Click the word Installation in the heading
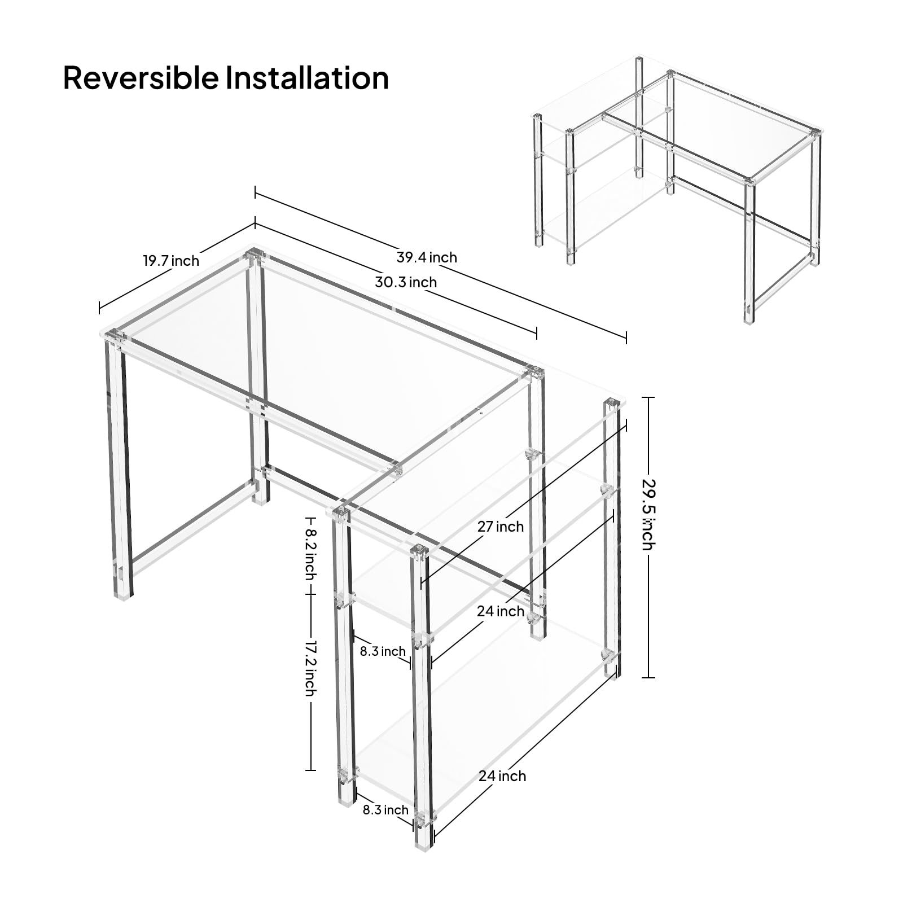pos(307,78)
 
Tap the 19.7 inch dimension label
pos(171,261)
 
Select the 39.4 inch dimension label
pos(427,257)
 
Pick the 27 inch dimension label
pos(501,527)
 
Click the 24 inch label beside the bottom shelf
pos(502,776)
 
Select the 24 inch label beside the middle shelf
pos(501,611)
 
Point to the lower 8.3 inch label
pos(385,810)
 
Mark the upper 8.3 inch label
pos(383,651)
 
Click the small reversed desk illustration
pos(674,186)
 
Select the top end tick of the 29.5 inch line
pos(648,397)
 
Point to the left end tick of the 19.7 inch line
pos(99,308)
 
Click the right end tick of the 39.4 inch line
pos(626,337)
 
